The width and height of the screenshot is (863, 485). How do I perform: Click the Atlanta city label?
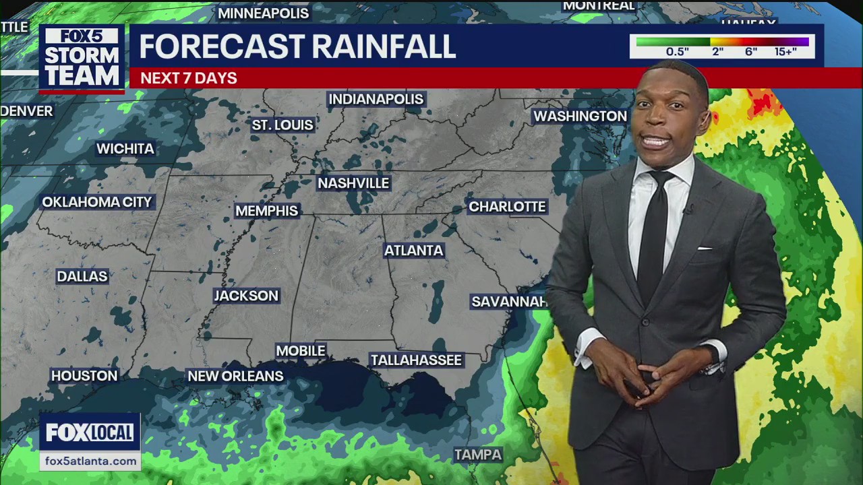413,251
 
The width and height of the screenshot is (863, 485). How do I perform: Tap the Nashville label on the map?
353,183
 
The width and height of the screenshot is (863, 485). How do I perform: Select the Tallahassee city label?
416,360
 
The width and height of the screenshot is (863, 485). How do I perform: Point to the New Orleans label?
235,376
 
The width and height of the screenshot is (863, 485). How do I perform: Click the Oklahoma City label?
97,202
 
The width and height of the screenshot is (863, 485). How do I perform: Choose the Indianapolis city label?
376,100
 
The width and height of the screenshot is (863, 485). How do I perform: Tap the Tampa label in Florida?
478,455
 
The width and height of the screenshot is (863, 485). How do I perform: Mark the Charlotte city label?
507,207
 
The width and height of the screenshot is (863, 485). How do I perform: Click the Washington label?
580,117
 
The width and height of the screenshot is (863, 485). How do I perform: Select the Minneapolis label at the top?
263,13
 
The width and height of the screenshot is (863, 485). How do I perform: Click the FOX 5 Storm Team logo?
82,58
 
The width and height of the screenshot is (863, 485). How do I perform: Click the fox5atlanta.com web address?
90,461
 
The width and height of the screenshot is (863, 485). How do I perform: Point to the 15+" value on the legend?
785,52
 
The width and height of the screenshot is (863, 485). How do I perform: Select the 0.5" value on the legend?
677,52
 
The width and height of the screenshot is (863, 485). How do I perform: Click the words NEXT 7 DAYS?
189,78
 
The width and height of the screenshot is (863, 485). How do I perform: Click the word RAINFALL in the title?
384,46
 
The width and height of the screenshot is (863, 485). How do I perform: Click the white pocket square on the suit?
705,249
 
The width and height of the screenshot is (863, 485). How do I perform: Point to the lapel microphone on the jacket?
689,210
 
